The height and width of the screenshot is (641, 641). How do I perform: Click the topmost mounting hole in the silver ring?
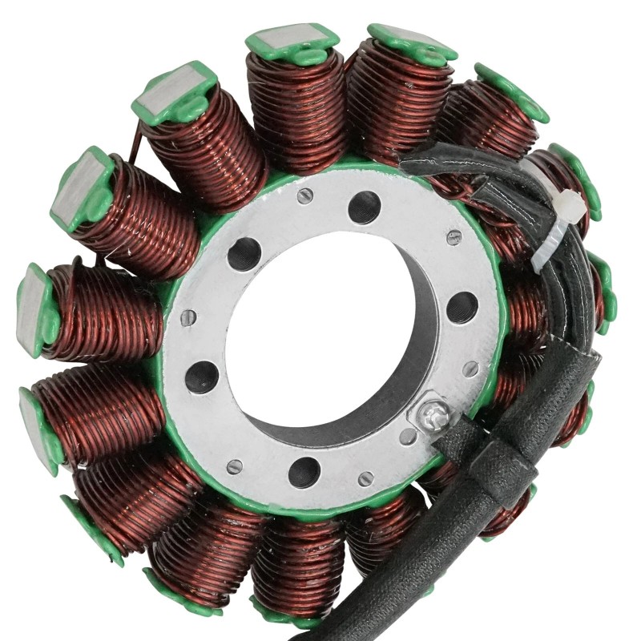point(365,208)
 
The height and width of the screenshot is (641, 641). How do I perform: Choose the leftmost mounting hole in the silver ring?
point(202,377)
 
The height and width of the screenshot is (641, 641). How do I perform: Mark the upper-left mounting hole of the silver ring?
point(244,254)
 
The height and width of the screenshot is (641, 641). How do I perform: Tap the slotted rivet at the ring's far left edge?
point(187,316)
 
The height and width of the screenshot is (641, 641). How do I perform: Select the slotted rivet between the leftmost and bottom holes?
point(233,466)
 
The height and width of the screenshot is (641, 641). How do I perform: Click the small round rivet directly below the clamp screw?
point(409,437)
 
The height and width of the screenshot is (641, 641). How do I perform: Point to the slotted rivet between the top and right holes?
point(454,237)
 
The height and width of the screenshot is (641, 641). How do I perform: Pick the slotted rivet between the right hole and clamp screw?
point(471,369)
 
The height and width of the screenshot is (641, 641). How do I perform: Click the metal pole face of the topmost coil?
point(292,38)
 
